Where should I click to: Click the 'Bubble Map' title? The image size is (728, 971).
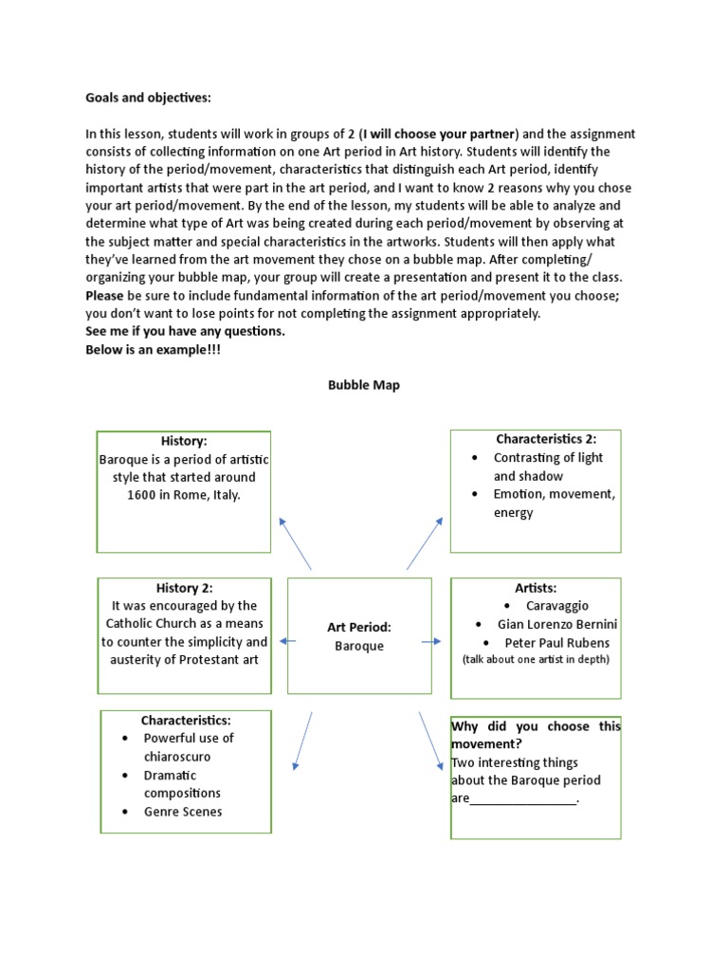364,385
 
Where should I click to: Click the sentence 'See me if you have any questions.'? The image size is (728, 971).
185,331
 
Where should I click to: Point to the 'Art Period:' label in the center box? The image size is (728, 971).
359,628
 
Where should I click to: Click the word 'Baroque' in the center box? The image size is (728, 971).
359,646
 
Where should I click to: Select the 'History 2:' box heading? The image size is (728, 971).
184,588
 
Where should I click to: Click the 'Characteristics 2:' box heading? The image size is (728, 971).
545,439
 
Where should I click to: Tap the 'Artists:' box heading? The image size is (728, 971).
535,588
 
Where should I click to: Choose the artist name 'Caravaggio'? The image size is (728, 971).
557,606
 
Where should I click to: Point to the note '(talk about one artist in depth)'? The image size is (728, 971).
535,659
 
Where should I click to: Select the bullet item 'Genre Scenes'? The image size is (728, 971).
183,812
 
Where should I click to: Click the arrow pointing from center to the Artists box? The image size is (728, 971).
431,641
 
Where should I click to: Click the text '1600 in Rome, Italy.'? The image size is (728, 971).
184,495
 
